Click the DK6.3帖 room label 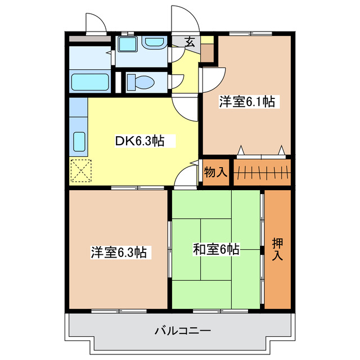[x=139, y=141]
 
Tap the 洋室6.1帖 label [x=246, y=102]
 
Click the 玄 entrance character [x=190, y=41]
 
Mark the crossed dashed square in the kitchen [x=81, y=170]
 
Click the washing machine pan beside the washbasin [x=127, y=44]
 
